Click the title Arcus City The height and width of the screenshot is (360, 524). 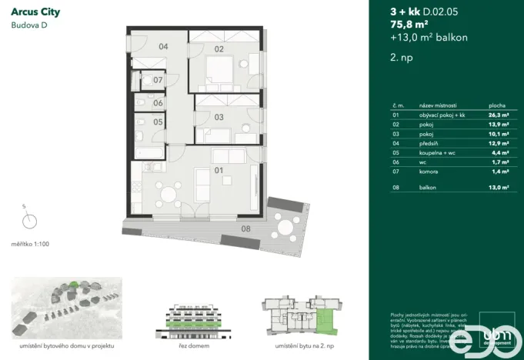pyautogui.click(x=36, y=12)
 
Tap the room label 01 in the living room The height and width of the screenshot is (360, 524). pyautogui.click(x=218, y=170)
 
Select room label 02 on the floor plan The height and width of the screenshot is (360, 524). pyautogui.click(x=219, y=49)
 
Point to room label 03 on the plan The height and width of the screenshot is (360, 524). pyautogui.click(x=219, y=117)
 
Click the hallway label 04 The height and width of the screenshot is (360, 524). pyautogui.click(x=163, y=47)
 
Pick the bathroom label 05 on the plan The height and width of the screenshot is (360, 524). pyautogui.click(x=157, y=122)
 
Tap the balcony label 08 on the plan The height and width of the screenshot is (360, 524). pyautogui.click(x=245, y=228)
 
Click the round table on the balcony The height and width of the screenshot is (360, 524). pyautogui.click(x=286, y=227)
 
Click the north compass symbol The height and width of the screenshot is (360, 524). pyautogui.click(x=29, y=221)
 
